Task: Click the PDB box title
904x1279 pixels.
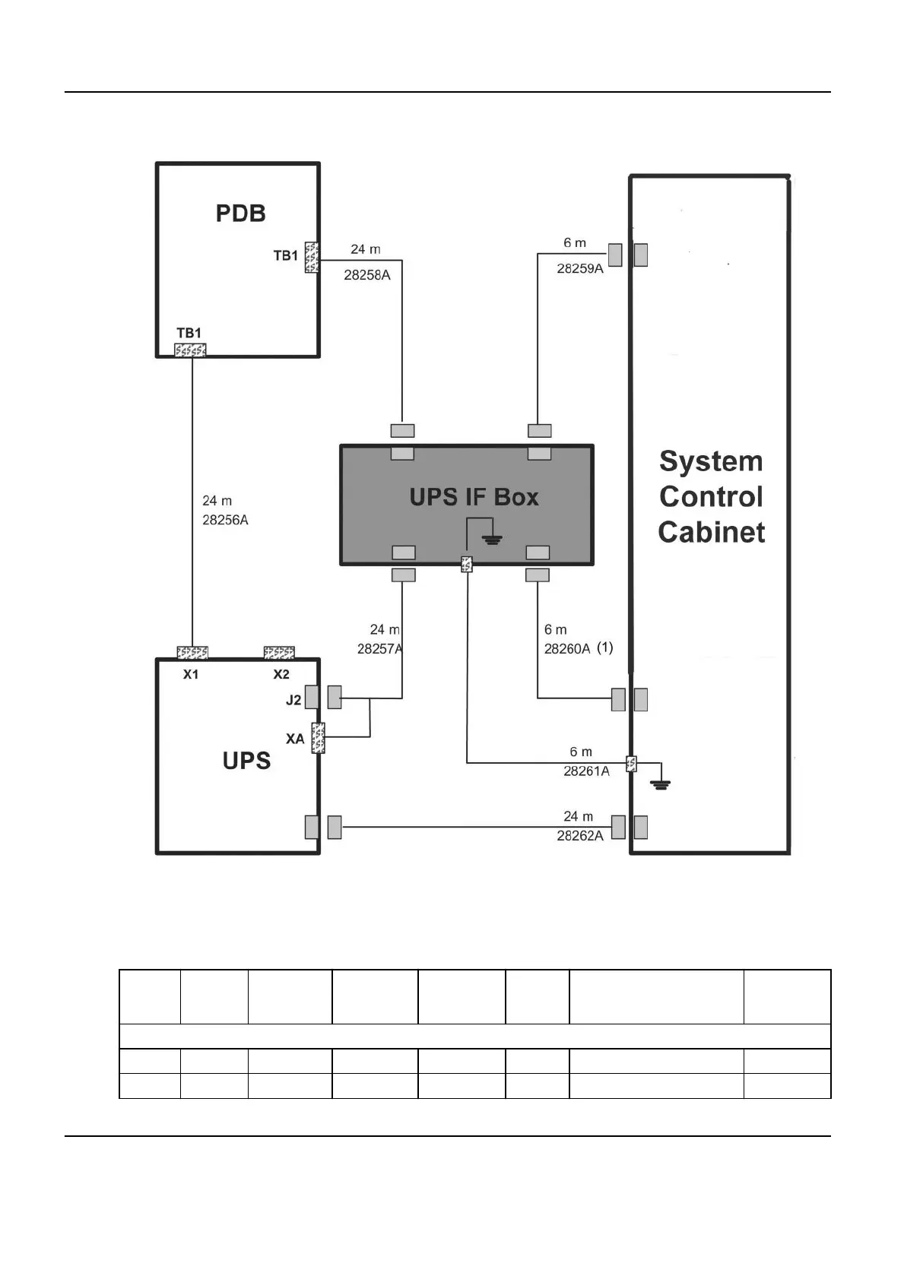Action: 240,213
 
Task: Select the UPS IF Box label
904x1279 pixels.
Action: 474,497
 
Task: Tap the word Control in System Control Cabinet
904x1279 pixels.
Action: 711,496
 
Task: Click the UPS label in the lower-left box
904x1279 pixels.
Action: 246,761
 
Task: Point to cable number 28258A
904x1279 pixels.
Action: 367,275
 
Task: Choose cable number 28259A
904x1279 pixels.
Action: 580,268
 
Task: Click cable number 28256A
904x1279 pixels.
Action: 225,520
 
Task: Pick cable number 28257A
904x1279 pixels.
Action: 379,649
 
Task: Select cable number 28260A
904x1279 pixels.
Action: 567,649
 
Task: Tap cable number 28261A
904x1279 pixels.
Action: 586,771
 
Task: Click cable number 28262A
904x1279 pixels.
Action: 580,836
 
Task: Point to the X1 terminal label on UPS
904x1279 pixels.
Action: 191,675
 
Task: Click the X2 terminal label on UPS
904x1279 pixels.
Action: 281,675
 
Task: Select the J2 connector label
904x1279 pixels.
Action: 293,700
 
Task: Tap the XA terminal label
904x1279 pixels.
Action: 295,739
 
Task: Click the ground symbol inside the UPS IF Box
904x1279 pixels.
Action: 493,540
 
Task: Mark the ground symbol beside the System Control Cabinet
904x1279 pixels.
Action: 661,784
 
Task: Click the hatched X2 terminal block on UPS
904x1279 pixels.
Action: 279,653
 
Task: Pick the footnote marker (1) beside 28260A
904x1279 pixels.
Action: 604,647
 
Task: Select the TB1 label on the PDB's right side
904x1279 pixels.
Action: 286,256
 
